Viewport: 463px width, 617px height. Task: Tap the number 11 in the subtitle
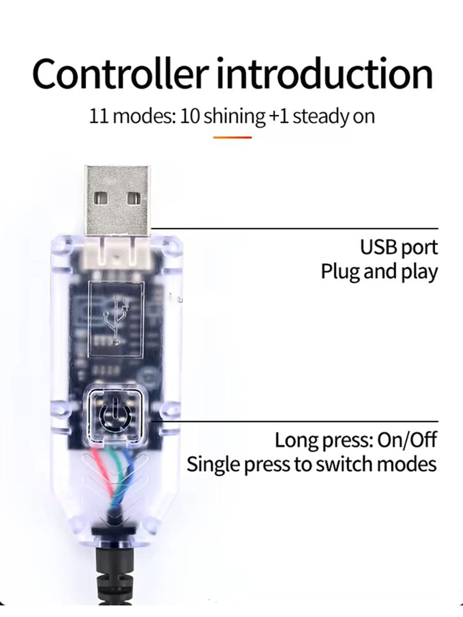pos(98,116)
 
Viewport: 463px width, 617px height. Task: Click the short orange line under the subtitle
pos(233,137)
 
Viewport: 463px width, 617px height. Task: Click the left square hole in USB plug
pos(101,197)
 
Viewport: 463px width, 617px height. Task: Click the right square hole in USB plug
pos(134,197)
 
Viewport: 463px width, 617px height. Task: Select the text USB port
pos(399,247)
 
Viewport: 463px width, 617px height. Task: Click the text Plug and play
pos(379,271)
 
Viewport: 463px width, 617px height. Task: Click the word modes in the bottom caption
pos(411,464)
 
